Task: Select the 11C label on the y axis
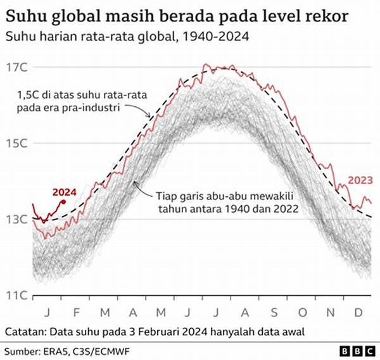tap(16, 295)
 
